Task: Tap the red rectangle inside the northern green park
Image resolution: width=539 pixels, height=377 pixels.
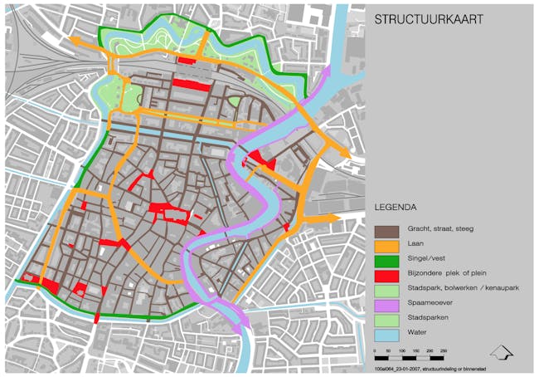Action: (186, 60)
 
